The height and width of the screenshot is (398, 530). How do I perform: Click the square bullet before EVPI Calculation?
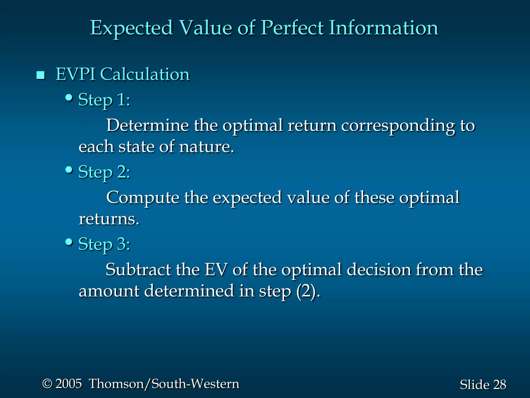click(41, 75)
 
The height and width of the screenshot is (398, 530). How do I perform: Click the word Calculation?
click(145, 74)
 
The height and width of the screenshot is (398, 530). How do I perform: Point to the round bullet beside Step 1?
click(69, 98)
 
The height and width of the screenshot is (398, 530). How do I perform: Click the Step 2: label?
click(104, 172)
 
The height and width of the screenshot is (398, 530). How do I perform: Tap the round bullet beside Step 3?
click(69, 242)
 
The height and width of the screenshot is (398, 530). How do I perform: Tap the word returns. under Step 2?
click(109, 219)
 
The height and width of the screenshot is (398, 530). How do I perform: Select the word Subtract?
click(138, 270)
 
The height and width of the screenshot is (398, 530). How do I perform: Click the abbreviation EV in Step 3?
click(216, 270)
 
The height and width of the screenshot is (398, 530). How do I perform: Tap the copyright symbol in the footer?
click(47, 384)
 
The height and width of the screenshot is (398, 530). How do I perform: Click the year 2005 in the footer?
click(69, 384)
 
